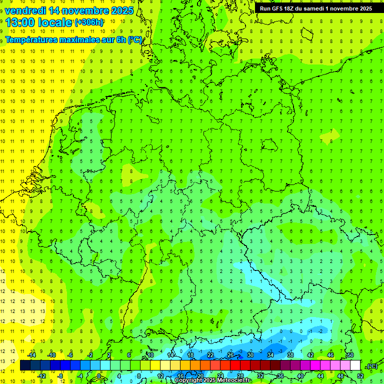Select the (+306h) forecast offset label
coord(89,22)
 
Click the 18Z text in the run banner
coord(290,8)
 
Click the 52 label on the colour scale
coord(360,375)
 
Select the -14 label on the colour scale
coord(31,355)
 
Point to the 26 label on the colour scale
coord(230,355)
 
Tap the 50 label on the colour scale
coord(350,355)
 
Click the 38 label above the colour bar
coord(290,355)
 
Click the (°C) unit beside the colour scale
coord(371,366)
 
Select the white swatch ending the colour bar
coord(355,365)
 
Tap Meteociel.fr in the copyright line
coord(233,380)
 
